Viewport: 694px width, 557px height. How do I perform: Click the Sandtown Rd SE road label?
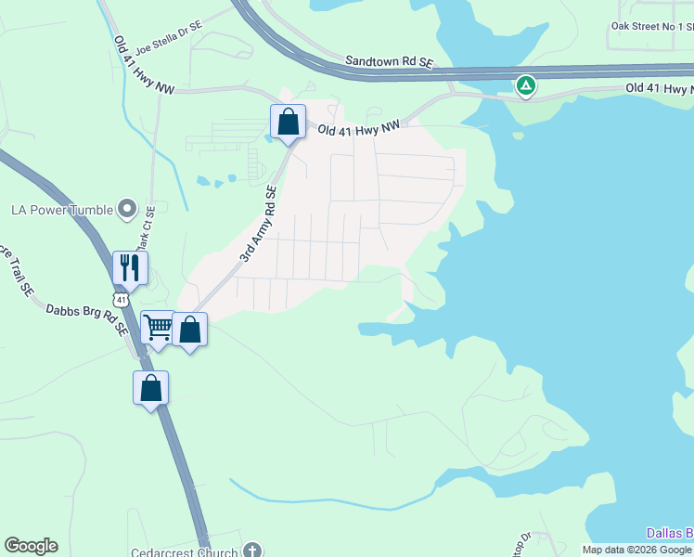390,60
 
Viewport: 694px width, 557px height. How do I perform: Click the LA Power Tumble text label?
61,210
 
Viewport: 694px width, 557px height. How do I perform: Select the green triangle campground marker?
526,86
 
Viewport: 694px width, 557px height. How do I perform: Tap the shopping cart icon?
158,327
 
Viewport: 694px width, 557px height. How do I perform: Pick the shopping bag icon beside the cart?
189,330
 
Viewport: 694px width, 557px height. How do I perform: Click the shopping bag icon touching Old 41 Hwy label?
289,122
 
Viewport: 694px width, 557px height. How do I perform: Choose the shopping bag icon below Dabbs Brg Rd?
150,387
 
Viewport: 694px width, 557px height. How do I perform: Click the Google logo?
31,546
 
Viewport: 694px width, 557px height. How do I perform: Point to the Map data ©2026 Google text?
637,550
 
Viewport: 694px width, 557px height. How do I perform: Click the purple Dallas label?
669,533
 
